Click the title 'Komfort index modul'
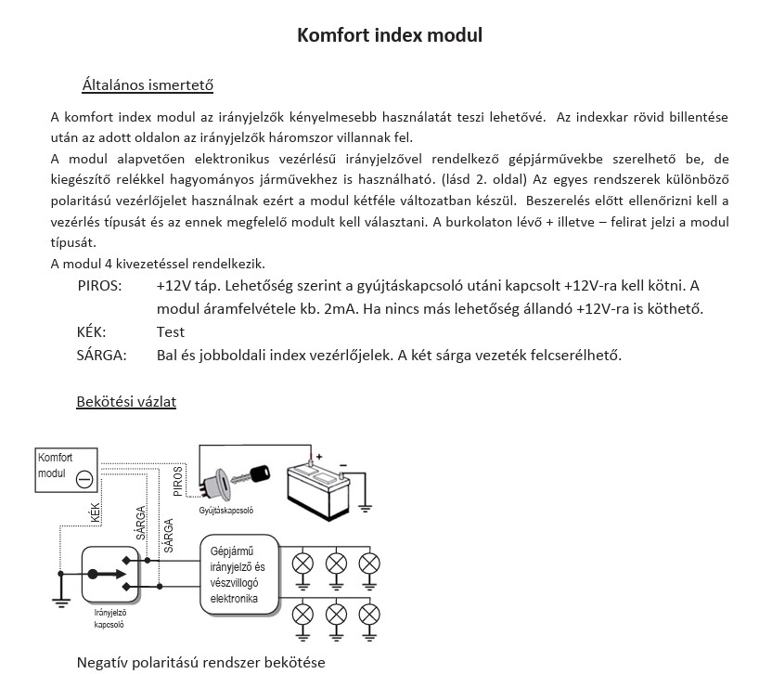tap(389, 35)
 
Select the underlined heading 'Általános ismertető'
tap(148, 85)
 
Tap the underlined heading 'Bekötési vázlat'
tap(126, 401)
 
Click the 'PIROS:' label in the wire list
tap(99, 285)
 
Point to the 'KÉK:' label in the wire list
tap(91, 331)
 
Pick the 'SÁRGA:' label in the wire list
tap(101, 355)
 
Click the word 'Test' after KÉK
tap(171, 331)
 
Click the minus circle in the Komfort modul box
tap(84, 478)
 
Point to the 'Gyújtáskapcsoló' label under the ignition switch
tap(225, 511)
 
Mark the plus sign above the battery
tap(319, 456)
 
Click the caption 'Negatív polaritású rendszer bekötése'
tap(201, 662)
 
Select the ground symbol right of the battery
tap(365, 506)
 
